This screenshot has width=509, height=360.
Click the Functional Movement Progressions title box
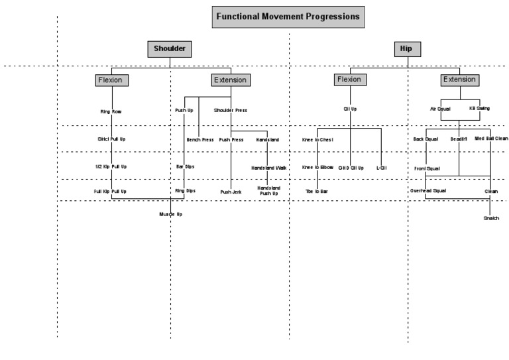click(x=288, y=16)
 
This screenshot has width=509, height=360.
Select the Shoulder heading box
click(x=170, y=48)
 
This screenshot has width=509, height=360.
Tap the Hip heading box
click(x=406, y=48)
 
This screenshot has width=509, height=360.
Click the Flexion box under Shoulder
click(x=111, y=80)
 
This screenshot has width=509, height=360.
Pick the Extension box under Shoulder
click(x=230, y=80)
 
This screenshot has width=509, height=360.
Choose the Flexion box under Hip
click(x=349, y=80)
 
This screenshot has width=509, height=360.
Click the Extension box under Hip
click(x=459, y=80)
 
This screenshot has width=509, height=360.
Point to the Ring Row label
click(x=111, y=111)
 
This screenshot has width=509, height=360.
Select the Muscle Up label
click(x=170, y=215)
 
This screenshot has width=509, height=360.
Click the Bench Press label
click(x=199, y=140)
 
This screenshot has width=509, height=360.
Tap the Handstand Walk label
click(x=268, y=168)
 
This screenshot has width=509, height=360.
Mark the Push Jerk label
click(x=231, y=192)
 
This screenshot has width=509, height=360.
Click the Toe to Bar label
click(x=316, y=191)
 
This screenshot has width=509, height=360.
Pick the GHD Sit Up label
click(x=351, y=168)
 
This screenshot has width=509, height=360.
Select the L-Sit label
click(x=381, y=168)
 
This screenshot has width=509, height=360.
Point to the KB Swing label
click(x=479, y=107)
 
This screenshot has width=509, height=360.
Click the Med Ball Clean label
click(x=491, y=139)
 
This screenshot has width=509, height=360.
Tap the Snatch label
click(x=490, y=218)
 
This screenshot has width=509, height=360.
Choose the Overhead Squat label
click(x=429, y=191)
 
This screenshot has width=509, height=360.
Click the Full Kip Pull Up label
click(x=110, y=191)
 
